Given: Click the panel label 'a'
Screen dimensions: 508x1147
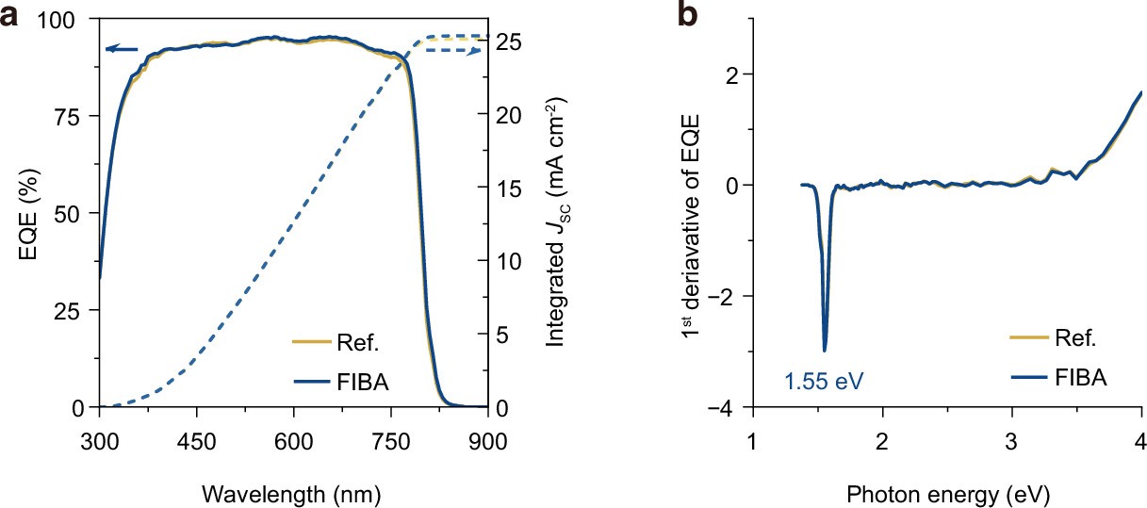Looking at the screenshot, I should (10, 16).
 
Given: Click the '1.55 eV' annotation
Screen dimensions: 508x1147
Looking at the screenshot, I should (824, 382).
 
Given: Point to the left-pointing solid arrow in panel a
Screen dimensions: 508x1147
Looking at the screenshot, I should (121, 49).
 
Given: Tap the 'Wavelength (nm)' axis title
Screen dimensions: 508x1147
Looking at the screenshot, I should (293, 493).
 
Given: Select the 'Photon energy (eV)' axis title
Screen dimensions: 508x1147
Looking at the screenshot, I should (946, 493).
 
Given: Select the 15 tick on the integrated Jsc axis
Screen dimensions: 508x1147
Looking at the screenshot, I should (507, 188).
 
